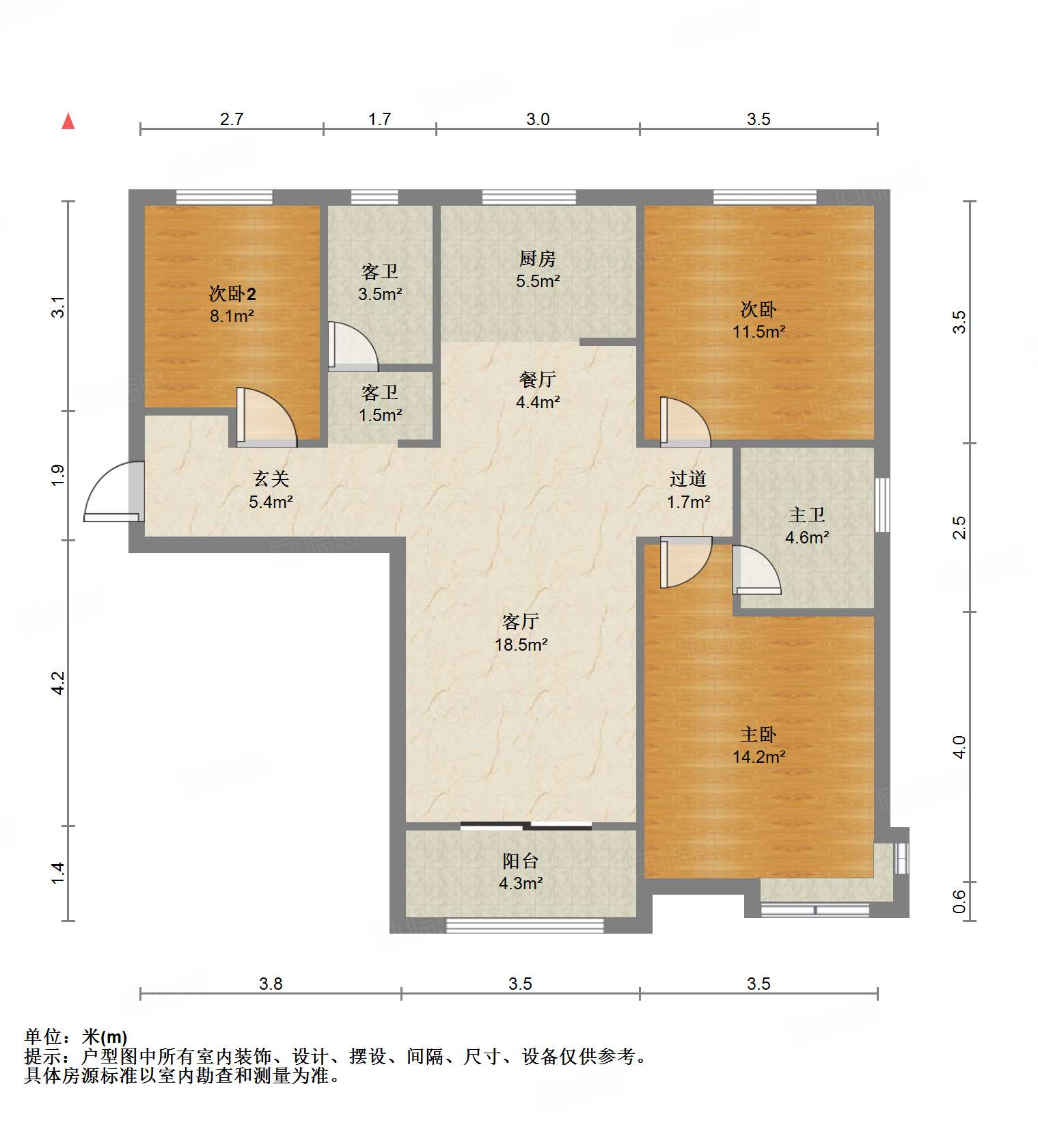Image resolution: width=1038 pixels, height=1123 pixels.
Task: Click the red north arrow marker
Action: click(68, 122)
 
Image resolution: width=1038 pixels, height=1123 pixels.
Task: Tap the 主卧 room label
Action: click(759, 735)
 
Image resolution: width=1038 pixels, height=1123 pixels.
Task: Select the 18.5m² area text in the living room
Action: click(521, 645)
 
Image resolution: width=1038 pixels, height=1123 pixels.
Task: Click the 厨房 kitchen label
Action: click(538, 259)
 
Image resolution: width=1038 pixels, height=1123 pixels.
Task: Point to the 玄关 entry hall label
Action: click(271, 479)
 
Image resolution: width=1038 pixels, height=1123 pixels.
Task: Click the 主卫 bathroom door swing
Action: click(755, 569)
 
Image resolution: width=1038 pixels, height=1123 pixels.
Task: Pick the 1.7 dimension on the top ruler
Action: click(380, 120)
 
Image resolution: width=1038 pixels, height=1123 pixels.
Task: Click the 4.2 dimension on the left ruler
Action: click(59, 683)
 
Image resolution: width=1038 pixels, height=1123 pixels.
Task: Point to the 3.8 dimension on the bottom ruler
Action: click(271, 984)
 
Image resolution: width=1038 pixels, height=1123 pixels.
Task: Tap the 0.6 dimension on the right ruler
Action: click(959, 901)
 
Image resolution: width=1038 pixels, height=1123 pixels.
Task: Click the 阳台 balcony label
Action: click(521, 861)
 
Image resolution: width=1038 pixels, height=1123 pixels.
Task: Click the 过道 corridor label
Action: click(688, 479)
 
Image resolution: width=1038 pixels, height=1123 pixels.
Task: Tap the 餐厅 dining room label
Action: click(538, 379)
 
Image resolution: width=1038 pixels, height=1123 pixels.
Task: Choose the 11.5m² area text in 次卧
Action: click(759, 332)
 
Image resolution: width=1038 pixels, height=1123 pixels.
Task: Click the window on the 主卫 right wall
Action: click(882, 504)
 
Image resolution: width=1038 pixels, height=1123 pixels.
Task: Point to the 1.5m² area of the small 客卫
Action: click(381, 416)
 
